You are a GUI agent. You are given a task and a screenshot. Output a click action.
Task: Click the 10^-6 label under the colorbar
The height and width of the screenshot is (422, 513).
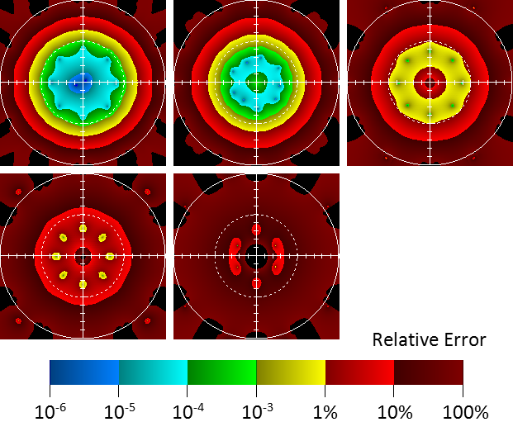[x=51, y=410]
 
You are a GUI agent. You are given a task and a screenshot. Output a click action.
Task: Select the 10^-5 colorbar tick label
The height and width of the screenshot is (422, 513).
[x=120, y=410]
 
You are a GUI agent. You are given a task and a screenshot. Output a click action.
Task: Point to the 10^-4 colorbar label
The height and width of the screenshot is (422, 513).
[x=188, y=410]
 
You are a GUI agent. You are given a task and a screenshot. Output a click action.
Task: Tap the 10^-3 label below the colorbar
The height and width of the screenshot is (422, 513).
[x=257, y=410]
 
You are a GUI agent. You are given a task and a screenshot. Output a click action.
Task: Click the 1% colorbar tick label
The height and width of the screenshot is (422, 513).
[x=325, y=411]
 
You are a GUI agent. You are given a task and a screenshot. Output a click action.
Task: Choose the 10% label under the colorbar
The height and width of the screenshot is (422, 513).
[x=394, y=411]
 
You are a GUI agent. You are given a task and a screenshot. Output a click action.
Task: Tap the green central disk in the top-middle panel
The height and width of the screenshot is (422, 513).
[x=256, y=82]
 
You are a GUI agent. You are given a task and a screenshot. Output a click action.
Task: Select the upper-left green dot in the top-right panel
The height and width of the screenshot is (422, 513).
[x=408, y=60]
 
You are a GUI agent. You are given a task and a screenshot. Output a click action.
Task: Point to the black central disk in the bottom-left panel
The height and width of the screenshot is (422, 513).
[x=83, y=256]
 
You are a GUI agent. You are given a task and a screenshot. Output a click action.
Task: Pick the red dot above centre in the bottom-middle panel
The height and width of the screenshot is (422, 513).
[x=256, y=228]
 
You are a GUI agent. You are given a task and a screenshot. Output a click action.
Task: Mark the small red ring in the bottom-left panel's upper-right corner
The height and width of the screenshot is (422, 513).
[x=147, y=192]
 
